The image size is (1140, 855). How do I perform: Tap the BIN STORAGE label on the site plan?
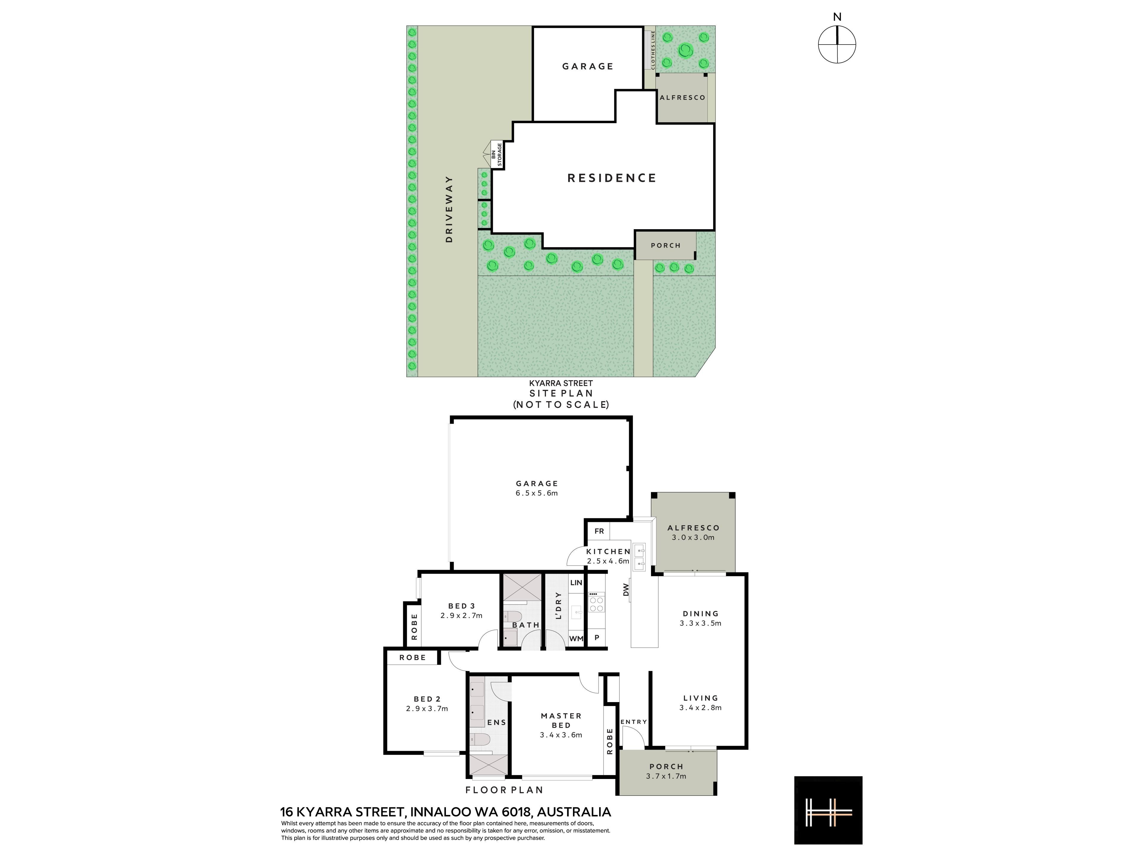click(x=496, y=155)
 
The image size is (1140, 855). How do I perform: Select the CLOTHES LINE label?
click(x=653, y=50)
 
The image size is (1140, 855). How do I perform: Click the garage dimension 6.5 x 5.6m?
click(x=537, y=493)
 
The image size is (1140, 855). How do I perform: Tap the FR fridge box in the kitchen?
click(x=599, y=531)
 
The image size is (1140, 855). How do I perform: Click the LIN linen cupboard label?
click(x=576, y=583)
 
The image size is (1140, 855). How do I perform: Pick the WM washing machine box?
click(x=576, y=638)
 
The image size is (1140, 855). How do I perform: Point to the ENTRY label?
click(x=634, y=722)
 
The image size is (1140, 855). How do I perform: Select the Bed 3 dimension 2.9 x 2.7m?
click(x=461, y=615)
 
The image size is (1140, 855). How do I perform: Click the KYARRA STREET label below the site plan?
click(x=561, y=384)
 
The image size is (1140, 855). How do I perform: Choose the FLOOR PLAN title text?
click(x=504, y=790)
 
